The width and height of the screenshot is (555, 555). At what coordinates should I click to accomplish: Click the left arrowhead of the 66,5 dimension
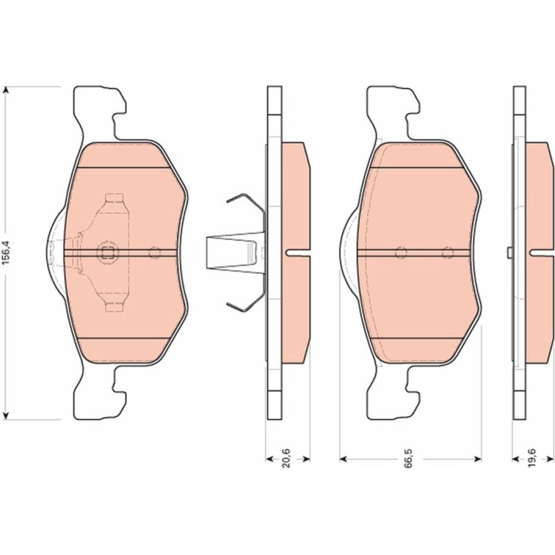pyautogui.click(x=343, y=459)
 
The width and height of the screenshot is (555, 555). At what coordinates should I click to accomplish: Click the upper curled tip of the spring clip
pyautogui.click(x=229, y=201)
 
